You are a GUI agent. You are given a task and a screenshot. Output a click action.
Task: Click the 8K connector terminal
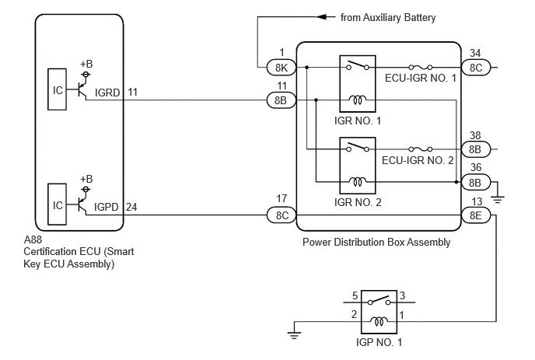click(x=281, y=68)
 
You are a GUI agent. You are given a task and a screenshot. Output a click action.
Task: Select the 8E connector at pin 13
click(x=476, y=215)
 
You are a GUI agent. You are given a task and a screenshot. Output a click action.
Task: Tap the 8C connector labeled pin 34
click(x=476, y=68)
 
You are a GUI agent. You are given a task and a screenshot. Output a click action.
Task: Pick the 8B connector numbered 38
click(x=476, y=149)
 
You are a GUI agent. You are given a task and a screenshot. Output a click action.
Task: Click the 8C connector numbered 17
click(x=281, y=215)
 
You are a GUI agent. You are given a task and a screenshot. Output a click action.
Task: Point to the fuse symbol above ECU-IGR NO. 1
click(x=421, y=67)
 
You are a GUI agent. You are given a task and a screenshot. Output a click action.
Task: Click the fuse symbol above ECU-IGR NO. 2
click(x=421, y=149)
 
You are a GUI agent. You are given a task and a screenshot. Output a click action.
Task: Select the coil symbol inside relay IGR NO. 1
click(x=357, y=100)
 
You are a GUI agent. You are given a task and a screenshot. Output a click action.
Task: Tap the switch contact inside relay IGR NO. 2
click(x=358, y=147)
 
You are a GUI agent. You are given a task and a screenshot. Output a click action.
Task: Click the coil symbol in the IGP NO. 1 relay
click(x=379, y=321)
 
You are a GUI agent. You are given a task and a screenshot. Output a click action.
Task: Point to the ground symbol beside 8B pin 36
click(x=498, y=199)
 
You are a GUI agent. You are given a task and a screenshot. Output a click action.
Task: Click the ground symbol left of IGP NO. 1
click(x=294, y=335)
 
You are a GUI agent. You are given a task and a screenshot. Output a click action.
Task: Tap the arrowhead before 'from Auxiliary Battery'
click(x=321, y=17)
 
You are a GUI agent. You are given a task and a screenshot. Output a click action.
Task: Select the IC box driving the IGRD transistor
click(x=57, y=89)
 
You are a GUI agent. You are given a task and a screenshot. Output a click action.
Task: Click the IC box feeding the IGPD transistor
click(x=57, y=204)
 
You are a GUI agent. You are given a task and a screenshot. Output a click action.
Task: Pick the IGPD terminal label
click(x=106, y=207)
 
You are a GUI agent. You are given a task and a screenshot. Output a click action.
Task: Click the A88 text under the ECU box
click(x=33, y=239)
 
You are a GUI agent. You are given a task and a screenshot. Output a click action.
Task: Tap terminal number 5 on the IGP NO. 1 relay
click(x=355, y=295)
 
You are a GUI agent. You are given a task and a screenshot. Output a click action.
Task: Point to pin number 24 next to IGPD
click(x=131, y=207)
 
